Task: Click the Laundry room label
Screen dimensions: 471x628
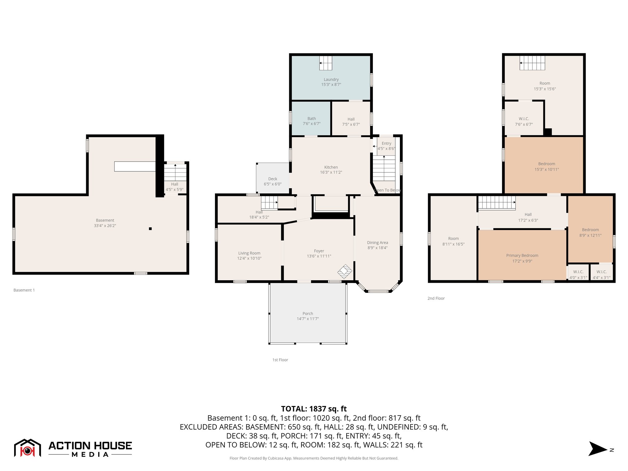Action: pos(331,79)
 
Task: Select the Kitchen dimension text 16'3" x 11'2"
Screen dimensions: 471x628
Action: pos(331,172)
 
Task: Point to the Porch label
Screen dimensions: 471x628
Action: pos(308,313)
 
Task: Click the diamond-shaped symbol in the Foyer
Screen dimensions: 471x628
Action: pos(345,271)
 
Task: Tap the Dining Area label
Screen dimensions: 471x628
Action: pos(377,243)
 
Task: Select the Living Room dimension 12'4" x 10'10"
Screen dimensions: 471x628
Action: pos(249,258)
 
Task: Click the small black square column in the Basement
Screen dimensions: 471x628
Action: pos(150,229)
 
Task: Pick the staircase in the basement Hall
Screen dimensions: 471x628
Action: pos(175,172)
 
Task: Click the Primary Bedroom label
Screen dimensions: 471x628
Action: pos(522,255)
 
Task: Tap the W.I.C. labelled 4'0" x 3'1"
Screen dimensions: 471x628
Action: pos(578,274)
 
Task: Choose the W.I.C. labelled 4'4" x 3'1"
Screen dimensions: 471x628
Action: pos(601,274)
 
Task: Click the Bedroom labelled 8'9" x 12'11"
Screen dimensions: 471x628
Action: pos(590,232)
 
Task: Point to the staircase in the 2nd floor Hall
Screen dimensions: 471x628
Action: pos(496,203)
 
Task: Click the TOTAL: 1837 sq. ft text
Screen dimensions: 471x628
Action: pos(314,409)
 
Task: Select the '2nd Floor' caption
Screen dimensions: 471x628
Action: pos(436,298)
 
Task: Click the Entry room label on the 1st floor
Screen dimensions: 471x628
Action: pos(386,144)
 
